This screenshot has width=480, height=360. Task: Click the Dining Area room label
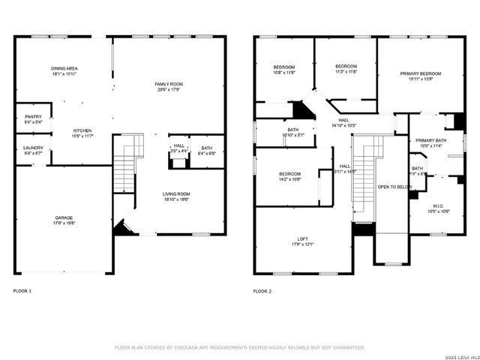click(x=65, y=68)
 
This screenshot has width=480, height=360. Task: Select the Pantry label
click(x=33, y=116)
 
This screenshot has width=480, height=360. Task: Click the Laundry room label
click(x=33, y=148)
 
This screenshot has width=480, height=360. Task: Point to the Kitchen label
click(x=82, y=130)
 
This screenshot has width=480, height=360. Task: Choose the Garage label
click(x=64, y=217)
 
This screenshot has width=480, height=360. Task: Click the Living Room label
click(x=177, y=193)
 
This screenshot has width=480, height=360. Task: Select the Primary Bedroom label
click(x=420, y=73)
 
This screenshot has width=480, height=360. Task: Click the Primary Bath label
click(x=431, y=140)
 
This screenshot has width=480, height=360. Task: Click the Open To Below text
click(x=393, y=186)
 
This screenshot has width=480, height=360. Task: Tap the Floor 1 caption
click(x=23, y=290)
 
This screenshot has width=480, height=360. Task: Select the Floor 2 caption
click(x=262, y=290)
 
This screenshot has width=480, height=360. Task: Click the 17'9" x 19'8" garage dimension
click(x=64, y=223)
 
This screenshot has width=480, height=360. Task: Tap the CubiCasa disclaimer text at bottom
click(x=240, y=347)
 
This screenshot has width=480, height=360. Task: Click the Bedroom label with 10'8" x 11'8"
click(x=283, y=67)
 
